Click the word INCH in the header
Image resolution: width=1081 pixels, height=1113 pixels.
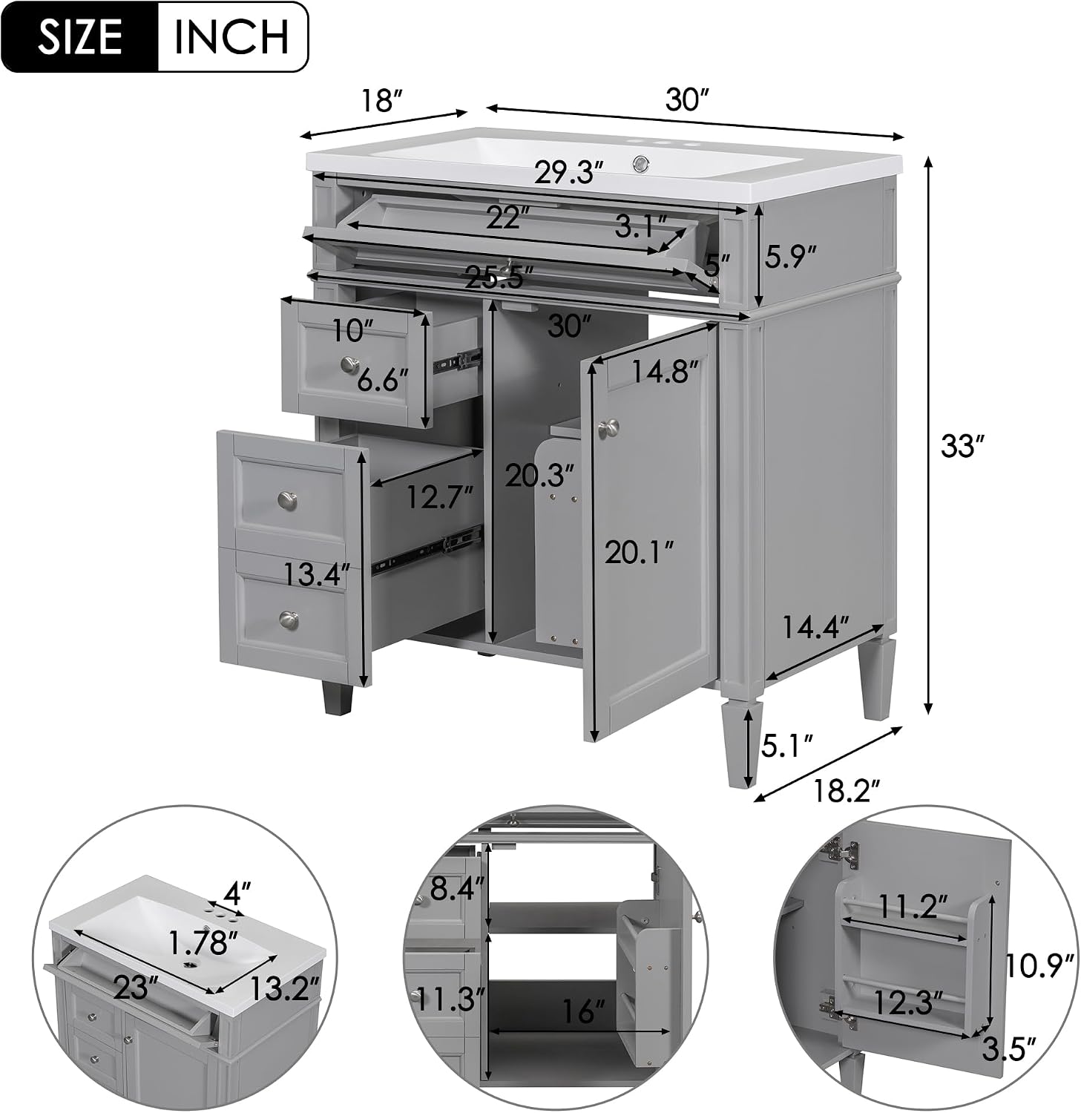pyautogui.click(x=231, y=37)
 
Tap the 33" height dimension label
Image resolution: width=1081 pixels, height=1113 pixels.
pyautogui.click(x=962, y=447)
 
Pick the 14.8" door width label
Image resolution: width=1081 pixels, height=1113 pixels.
pyautogui.click(x=665, y=370)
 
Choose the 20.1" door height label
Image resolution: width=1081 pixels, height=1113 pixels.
pyautogui.click(x=639, y=552)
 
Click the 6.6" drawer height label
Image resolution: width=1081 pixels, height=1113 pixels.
pyautogui.click(x=383, y=381)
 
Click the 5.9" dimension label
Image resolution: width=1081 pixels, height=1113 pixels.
pyautogui.click(x=789, y=257)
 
